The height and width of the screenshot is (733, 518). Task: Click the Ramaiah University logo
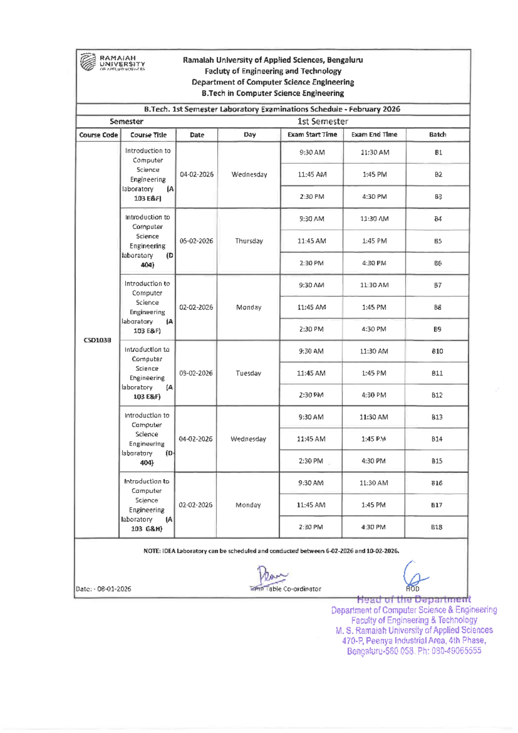pyautogui.click(x=112, y=63)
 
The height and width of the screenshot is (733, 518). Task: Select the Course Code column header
pyautogui.click(x=98, y=135)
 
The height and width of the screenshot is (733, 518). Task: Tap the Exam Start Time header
pyautogui.click(x=312, y=134)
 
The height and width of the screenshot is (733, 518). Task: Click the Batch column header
pyautogui.click(x=437, y=134)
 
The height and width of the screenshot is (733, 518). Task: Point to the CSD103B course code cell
pyautogui.click(x=97, y=340)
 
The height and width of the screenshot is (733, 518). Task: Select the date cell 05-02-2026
pyautogui.click(x=196, y=241)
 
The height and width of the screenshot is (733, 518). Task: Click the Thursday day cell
pyautogui.click(x=249, y=241)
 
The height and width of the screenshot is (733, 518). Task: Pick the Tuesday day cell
pyautogui.click(x=248, y=373)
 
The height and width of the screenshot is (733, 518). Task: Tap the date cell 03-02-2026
pyautogui.click(x=196, y=373)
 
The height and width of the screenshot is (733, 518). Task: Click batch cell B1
pyautogui.click(x=438, y=153)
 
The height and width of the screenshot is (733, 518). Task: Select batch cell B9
pyautogui.click(x=437, y=329)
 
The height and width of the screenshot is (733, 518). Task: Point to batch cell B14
pyautogui.click(x=437, y=439)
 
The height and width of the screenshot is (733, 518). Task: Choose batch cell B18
pyautogui.click(x=436, y=527)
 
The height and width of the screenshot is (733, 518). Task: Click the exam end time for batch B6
pyautogui.click(x=374, y=263)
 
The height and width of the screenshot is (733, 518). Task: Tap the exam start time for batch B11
pyautogui.click(x=311, y=373)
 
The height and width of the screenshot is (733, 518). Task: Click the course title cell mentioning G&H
pyautogui.click(x=147, y=505)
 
